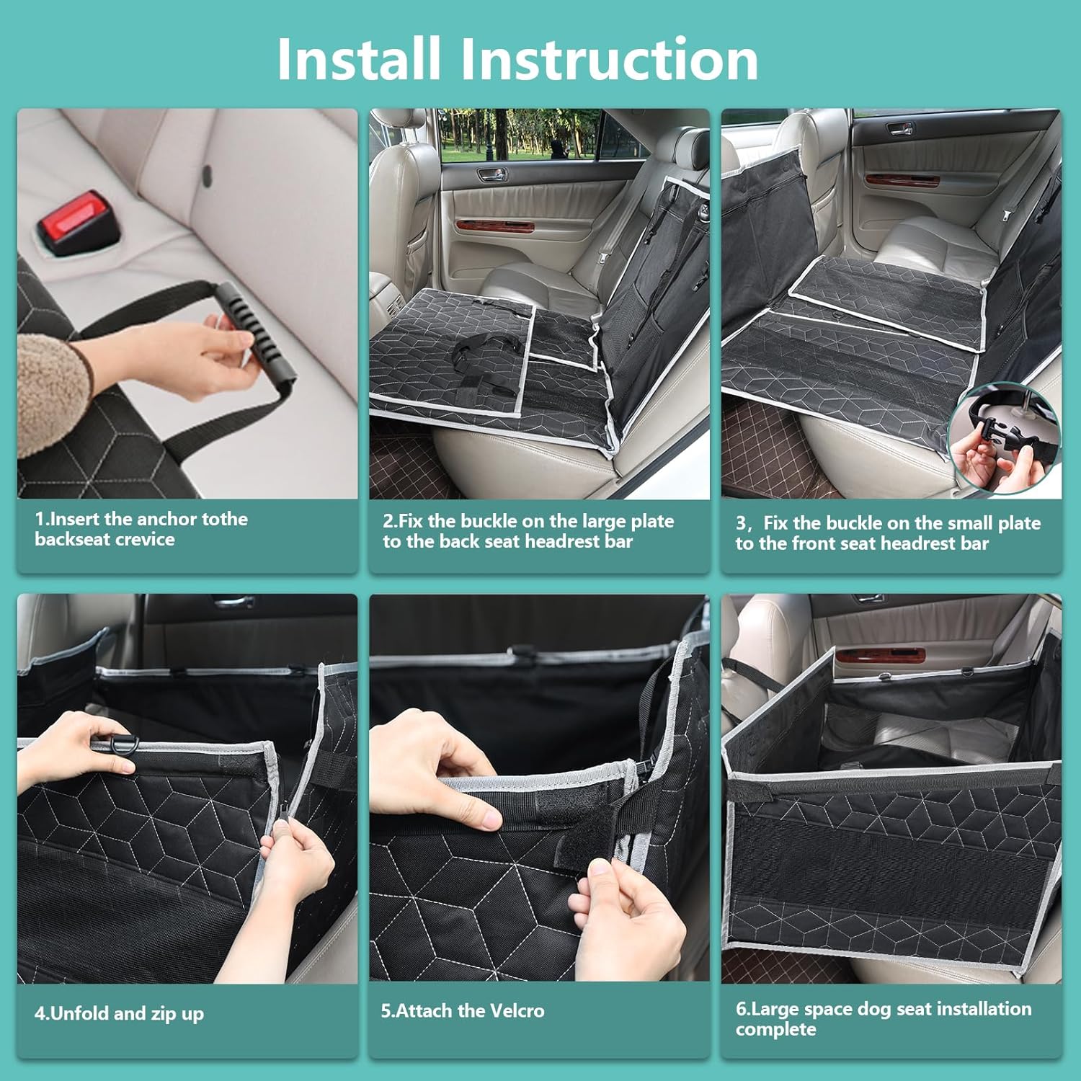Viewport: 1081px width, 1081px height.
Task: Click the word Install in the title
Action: tap(358, 58)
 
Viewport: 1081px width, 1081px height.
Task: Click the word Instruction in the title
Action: tap(609, 58)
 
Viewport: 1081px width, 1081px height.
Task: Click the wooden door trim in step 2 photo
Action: tap(494, 226)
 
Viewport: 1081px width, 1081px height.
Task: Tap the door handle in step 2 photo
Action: tap(492, 174)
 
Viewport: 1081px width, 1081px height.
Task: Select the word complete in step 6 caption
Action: tap(775, 1030)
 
